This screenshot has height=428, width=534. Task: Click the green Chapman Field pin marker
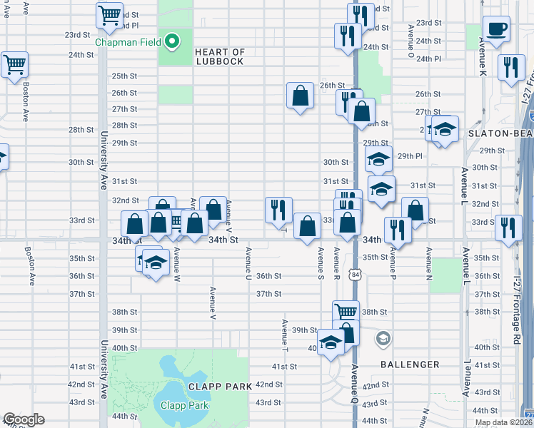point(171,41)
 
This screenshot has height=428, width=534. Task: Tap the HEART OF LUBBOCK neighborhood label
point(219,56)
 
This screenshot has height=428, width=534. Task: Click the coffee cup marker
point(495,30)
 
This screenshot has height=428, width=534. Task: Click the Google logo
point(24,419)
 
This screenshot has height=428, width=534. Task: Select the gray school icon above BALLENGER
point(383,337)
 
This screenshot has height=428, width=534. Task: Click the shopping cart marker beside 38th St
point(346,312)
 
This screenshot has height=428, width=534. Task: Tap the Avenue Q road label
point(355,382)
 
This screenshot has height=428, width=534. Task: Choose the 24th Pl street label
point(428,58)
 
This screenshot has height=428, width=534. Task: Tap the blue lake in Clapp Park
point(175,389)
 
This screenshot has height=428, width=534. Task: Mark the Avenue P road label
point(392,262)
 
